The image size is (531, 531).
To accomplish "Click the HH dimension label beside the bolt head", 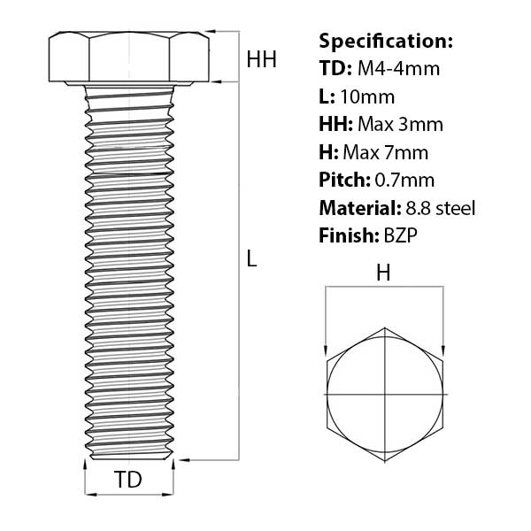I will [x=261, y=60].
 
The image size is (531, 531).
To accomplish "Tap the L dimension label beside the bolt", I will [x=252, y=258].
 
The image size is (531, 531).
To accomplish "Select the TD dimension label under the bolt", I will [x=128, y=481].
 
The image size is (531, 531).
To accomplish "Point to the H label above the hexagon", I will [x=383, y=273].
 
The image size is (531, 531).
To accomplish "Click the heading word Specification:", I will [x=386, y=41].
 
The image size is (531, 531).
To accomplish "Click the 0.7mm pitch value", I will [x=406, y=181].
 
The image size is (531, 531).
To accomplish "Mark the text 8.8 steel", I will [x=439, y=208].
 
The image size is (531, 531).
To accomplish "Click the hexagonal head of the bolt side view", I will [x=129, y=58].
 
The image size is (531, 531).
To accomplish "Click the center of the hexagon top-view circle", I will [x=385, y=392].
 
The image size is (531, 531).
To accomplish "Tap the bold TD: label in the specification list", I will [x=335, y=68].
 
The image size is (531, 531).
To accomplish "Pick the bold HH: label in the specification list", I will [x=336, y=124].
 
